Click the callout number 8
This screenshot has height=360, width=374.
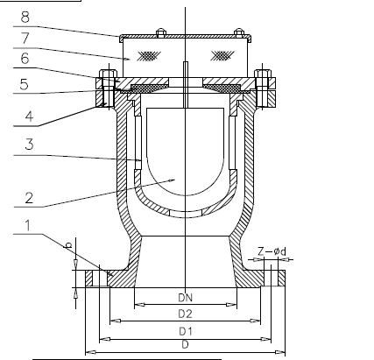[x=25, y=18]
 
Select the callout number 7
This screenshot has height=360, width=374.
[x=25, y=39]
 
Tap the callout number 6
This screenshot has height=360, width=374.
[x=25, y=59]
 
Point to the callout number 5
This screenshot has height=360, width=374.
[x=24, y=84]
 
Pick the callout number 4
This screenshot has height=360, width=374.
[x=29, y=116]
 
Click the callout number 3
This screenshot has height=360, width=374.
[x=29, y=145]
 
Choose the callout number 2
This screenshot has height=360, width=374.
[x=29, y=198]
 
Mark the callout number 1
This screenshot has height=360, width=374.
[x=28, y=225]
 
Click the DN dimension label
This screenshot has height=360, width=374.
[x=186, y=298]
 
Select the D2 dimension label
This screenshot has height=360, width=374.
[x=186, y=314]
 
